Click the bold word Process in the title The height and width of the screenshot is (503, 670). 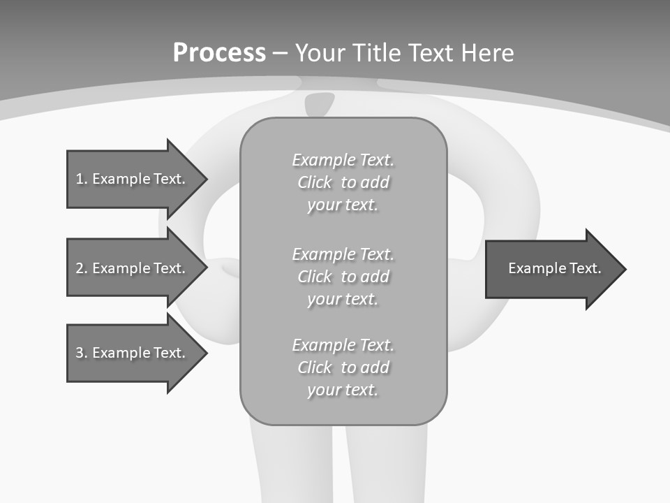pos(219,53)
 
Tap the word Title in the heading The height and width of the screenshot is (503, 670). pos(378,53)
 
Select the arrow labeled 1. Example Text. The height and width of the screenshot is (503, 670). pos(133,179)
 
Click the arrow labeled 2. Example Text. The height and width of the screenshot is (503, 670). pos(133,268)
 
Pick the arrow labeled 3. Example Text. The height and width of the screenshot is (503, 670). pos(133,353)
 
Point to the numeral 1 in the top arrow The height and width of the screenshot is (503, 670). pos(80,180)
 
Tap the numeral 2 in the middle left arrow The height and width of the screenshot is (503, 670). pos(80,268)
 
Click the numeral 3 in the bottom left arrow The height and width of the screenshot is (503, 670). pos(80,353)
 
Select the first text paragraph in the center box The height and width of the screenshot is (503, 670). pos(343,182)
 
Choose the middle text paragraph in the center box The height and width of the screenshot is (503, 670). pos(343,277)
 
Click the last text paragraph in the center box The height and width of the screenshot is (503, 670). pos(343,367)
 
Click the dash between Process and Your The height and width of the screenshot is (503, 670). pos(281,53)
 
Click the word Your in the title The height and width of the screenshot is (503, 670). pos(321,53)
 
